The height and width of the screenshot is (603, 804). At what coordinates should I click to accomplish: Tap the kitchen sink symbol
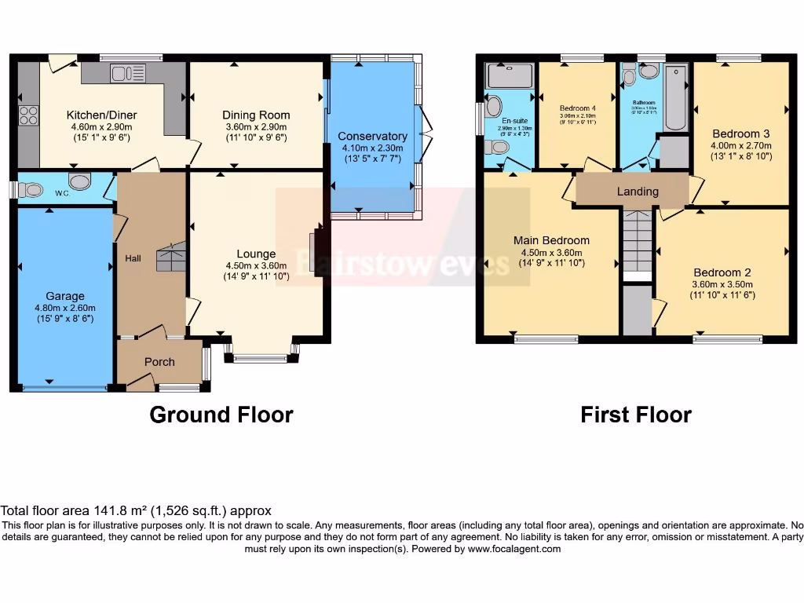(x=127, y=73)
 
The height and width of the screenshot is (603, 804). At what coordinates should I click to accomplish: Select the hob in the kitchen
(x=28, y=115)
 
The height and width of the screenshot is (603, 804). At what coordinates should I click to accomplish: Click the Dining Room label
(x=256, y=115)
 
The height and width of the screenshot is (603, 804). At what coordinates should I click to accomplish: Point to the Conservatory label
(x=373, y=136)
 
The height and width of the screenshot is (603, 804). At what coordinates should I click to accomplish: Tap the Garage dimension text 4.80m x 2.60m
(x=64, y=308)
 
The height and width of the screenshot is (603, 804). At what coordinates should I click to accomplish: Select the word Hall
(x=133, y=258)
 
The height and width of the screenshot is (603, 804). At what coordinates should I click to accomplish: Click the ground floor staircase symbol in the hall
(x=172, y=257)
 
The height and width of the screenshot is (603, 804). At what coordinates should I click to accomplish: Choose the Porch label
(x=159, y=362)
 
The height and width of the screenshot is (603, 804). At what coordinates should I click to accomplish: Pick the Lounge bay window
(x=261, y=358)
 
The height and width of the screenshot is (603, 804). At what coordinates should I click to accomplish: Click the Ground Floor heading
(x=221, y=415)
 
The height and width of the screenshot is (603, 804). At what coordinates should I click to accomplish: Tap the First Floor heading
(x=636, y=415)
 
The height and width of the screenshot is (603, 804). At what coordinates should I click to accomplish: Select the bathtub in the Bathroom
(x=675, y=97)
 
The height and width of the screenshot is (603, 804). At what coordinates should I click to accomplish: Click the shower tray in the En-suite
(x=510, y=76)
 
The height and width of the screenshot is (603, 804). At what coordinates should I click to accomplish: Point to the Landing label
(x=638, y=192)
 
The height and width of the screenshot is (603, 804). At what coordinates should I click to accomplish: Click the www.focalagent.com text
(x=514, y=549)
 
